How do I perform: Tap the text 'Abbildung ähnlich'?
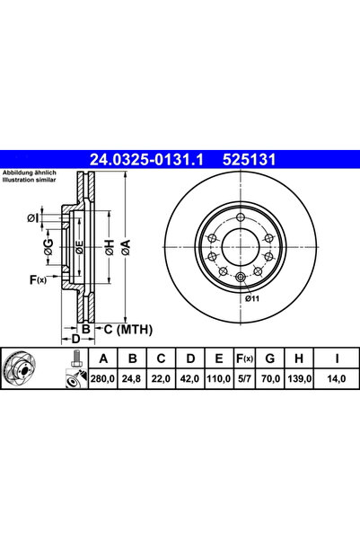tap(31, 173)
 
